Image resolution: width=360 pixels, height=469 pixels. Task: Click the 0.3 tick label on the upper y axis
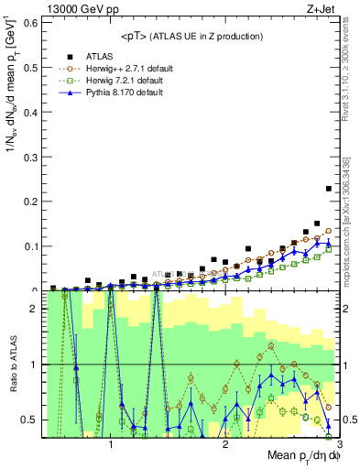click(31, 156)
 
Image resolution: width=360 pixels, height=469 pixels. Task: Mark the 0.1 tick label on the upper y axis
click(31, 245)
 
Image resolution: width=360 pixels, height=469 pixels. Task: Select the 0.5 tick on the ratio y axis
click(31, 420)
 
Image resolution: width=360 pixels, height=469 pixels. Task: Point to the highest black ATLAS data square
click(329, 189)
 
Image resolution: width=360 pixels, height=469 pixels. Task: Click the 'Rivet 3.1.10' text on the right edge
click(349, 82)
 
